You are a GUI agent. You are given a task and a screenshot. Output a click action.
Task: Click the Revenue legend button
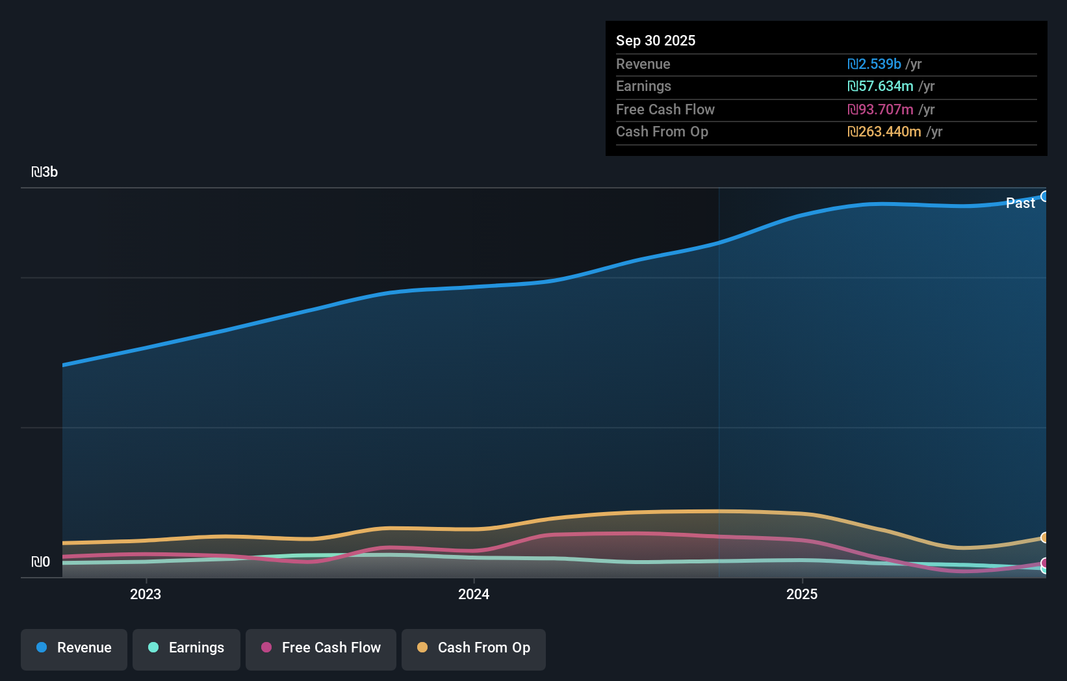74,649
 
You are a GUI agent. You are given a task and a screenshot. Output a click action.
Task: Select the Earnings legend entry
186,649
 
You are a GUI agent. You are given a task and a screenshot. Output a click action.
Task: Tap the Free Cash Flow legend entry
321,649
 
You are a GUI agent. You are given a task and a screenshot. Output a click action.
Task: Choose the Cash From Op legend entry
474,649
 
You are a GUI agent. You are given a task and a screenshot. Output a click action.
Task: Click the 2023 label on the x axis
146,595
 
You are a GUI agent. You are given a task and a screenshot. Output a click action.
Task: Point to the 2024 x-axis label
474,595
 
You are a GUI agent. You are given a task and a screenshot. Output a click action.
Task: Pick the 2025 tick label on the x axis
802,595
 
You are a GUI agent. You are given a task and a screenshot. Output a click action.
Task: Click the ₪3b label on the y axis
45,172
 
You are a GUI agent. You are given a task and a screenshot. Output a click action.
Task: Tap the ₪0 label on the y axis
41,562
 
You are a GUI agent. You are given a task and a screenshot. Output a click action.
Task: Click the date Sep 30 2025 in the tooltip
656,41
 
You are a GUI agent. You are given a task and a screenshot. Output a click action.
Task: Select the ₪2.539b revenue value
874,64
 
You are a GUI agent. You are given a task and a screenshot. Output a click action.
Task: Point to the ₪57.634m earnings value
881,86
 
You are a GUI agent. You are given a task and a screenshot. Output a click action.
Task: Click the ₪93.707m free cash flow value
881,110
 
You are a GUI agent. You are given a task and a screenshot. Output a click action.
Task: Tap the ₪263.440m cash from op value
884,132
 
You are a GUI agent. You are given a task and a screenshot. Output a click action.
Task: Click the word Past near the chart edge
1020,203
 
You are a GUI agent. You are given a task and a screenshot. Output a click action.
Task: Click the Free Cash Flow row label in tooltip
665,110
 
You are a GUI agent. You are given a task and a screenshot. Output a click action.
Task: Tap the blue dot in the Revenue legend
42,648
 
